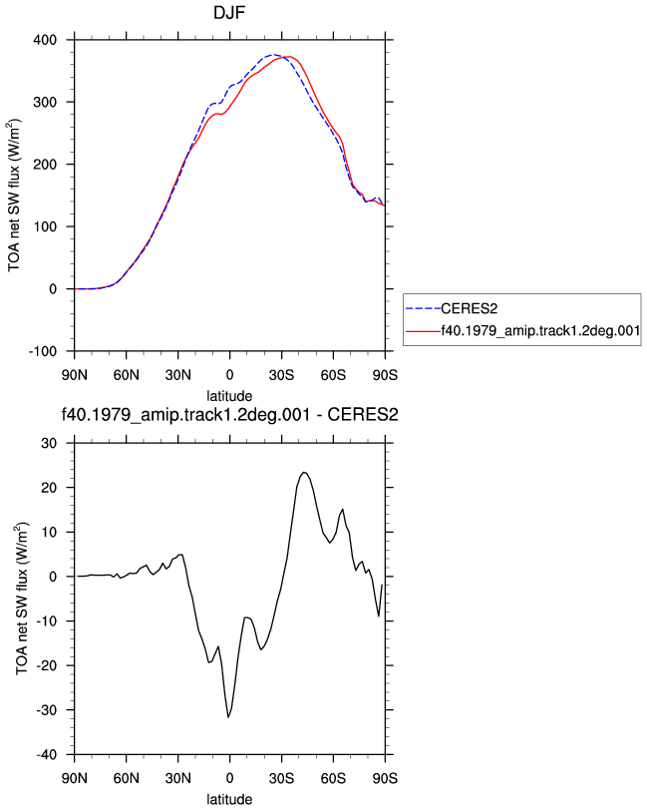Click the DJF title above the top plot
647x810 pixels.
click(228, 12)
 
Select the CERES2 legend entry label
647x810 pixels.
click(469, 309)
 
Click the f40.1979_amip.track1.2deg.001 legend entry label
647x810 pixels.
click(540, 330)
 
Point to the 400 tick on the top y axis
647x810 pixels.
click(45, 40)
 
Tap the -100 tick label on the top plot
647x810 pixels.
click(43, 351)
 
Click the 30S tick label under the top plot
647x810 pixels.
click(281, 374)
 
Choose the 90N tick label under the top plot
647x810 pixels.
click(75, 374)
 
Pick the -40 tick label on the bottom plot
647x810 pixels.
click(47, 755)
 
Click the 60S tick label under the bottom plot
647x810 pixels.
click(333, 778)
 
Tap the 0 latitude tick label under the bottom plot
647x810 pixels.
click(229, 778)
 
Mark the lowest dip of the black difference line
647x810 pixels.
click(228, 717)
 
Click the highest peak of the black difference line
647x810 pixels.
click(304, 472)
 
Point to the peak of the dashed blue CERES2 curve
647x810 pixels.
click(273, 54)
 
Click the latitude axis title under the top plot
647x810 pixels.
click(229, 396)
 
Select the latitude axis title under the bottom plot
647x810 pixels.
click(229, 799)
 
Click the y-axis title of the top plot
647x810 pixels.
click(13, 196)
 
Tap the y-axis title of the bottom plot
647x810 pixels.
click(21, 599)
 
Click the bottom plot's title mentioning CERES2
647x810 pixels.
click(229, 414)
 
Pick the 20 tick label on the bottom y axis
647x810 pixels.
click(49, 488)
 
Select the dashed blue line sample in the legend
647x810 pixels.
click(423, 309)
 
